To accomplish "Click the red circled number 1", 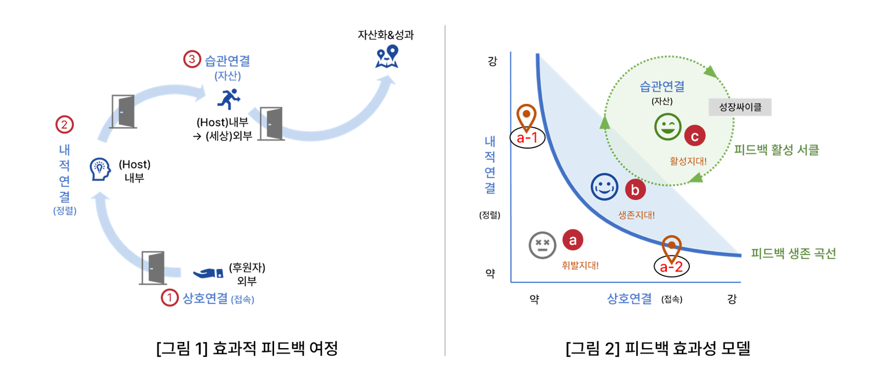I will coord(170,298).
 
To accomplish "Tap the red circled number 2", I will coord(65,125).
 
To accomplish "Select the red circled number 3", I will coord(191,59).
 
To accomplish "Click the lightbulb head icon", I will coord(100,169).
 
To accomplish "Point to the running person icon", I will coord(229,99).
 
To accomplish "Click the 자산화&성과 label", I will coord(386,36).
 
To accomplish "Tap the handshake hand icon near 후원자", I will coord(208,273).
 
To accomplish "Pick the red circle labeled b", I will coord(635,190).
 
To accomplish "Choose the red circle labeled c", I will coord(694,136).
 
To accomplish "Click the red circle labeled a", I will coord(572,240).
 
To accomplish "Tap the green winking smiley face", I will coord(667,127).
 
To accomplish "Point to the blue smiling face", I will coord(604,187).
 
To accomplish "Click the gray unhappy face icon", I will coord(542,245).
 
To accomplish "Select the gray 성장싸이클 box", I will coord(740,107).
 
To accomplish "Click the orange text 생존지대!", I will coord(636,215).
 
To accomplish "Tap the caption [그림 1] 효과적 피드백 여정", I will coord(247,348).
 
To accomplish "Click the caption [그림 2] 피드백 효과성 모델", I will coord(658,348).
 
